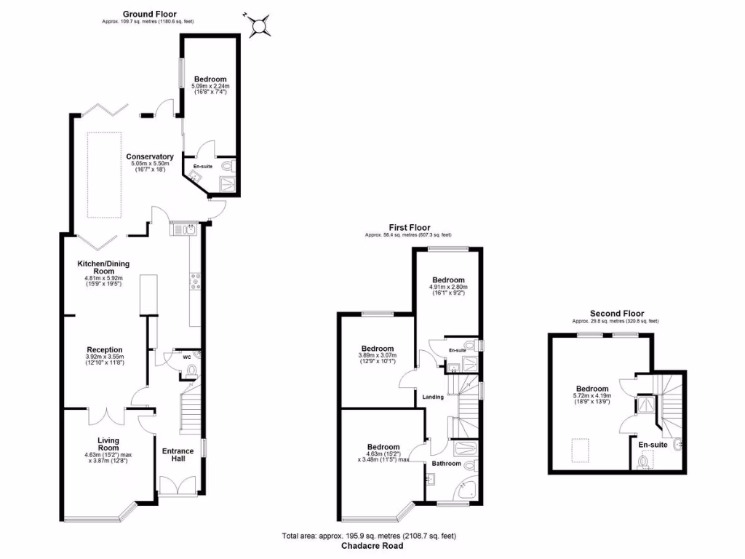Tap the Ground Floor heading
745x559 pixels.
(x=149, y=14)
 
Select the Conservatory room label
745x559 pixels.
(x=149, y=156)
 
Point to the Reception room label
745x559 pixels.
(x=105, y=349)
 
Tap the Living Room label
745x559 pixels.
(x=108, y=444)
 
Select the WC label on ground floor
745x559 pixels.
(x=167, y=357)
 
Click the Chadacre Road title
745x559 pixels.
(x=372, y=546)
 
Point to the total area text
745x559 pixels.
(x=369, y=536)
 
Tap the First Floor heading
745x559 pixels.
(x=407, y=227)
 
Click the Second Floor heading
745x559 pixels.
(x=617, y=314)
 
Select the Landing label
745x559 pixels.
(x=434, y=397)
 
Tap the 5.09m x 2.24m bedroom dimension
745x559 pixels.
(x=210, y=87)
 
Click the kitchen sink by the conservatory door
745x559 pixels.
(x=183, y=230)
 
